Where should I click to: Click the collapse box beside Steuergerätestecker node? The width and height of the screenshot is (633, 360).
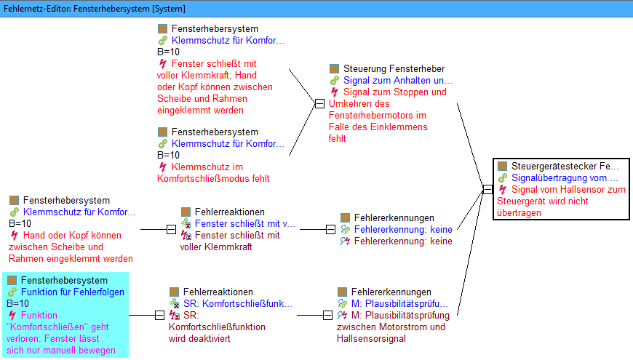tap(487, 189)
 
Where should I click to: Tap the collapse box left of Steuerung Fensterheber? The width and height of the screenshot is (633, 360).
tap(319, 104)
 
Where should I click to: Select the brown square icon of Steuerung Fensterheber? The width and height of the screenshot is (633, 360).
tap(334, 68)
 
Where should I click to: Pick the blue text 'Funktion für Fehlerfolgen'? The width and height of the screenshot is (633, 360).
tap(73, 292)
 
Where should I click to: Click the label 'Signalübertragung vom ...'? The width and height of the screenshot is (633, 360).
tap(565, 177)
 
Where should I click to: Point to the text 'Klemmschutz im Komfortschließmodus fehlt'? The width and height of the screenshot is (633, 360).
tap(213, 173)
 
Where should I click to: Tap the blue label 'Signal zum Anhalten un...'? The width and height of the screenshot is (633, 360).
tap(398, 80)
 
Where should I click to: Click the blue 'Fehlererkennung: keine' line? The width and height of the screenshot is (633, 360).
tap(403, 229)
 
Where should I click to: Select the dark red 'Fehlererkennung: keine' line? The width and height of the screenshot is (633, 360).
tap(403, 241)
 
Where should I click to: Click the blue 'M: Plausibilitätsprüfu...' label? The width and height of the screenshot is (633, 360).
tap(399, 303)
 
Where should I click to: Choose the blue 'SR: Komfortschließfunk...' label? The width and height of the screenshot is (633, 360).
tap(237, 303)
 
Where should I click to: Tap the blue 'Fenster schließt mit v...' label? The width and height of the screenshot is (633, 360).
tap(245, 223)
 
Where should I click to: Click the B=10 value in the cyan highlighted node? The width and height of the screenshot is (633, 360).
tap(17, 303)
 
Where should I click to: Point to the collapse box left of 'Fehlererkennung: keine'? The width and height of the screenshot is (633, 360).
tap(330, 229)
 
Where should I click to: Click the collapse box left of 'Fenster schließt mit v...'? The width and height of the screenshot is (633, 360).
tap(171, 229)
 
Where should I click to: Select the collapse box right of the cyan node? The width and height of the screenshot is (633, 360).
tap(159, 315)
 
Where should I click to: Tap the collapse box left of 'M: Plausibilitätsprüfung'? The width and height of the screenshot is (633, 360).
tap(328, 315)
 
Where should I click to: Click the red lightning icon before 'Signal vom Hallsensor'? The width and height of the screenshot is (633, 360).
tap(503, 189)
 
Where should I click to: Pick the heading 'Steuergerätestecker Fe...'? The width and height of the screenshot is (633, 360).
tap(565, 166)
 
